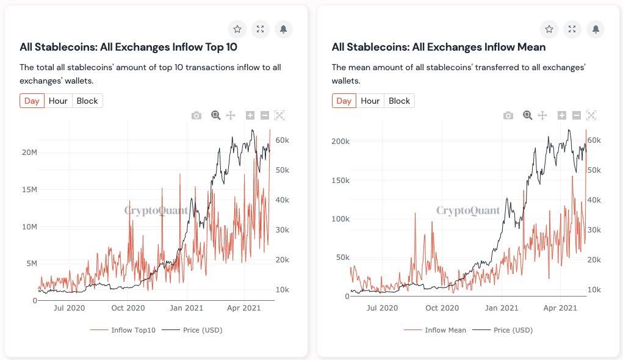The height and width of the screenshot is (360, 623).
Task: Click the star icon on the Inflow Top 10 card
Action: [237, 29]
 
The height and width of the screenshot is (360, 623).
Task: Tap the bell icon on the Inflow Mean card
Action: [596, 29]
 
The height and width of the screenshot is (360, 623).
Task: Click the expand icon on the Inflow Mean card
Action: [572, 29]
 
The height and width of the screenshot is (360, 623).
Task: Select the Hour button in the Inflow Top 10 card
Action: [58, 101]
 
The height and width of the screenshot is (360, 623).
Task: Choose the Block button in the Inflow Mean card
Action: [399, 101]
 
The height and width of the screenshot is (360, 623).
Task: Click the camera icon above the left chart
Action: [196, 115]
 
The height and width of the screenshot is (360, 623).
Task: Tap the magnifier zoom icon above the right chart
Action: [527, 115]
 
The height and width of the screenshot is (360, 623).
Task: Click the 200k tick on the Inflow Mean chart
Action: [339, 142]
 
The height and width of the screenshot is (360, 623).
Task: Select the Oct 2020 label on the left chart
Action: [128, 309]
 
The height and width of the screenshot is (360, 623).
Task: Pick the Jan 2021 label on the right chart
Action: [502, 309]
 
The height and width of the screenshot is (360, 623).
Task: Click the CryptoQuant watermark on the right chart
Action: [468, 211]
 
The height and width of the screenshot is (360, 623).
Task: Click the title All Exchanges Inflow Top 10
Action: [128, 47]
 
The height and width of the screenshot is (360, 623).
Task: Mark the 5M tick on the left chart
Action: [30, 264]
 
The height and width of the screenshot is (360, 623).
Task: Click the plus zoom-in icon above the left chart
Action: [250, 115]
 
